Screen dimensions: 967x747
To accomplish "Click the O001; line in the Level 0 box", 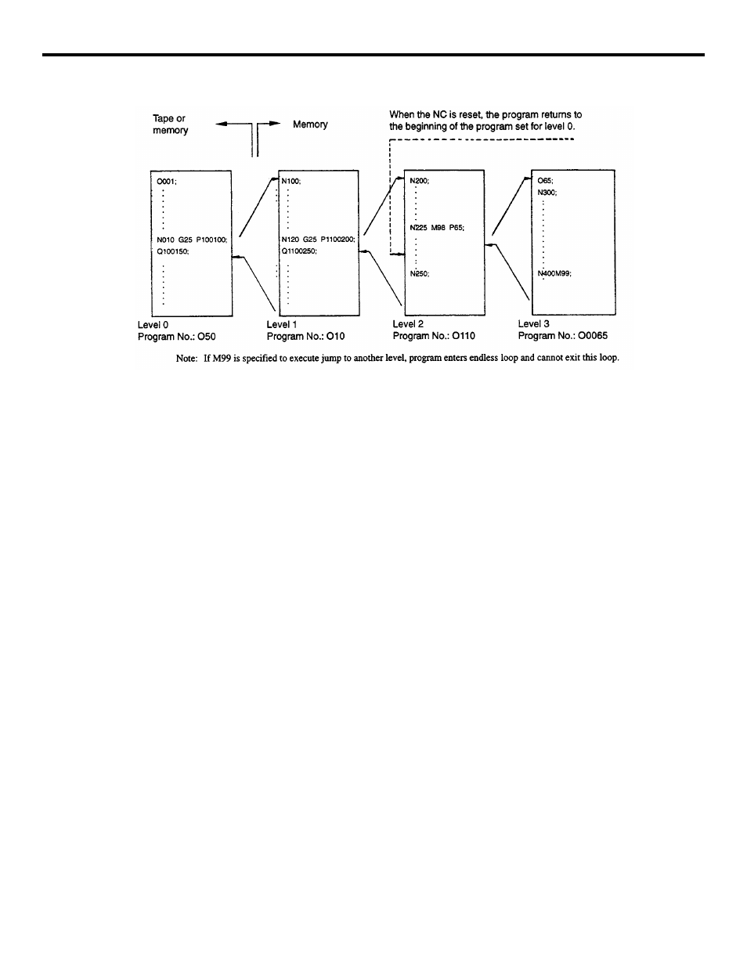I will (x=167, y=182).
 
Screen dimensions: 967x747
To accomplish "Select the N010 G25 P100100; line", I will (x=192, y=240).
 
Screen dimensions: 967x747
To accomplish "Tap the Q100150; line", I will (x=173, y=251).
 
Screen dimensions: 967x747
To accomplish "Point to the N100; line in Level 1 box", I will (x=290, y=181).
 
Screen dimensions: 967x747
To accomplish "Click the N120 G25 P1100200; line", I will (x=318, y=240).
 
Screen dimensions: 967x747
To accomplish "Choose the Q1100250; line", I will (x=301, y=251).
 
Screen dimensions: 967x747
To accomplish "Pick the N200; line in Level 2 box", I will (x=420, y=181).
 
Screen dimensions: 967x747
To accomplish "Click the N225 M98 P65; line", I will (x=437, y=228).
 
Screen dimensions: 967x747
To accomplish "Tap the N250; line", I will (x=420, y=274).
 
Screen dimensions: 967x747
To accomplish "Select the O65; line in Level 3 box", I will (x=545, y=181).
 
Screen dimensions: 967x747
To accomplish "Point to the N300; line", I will (x=547, y=193).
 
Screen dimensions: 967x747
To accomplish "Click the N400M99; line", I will (x=554, y=274).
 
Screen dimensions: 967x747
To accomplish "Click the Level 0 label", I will (x=153, y=324).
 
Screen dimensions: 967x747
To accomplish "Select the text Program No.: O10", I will (x=306, y=337).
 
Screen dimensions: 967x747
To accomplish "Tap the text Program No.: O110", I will (x=434, y=336).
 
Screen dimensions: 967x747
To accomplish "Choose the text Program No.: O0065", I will (x=562, y=336).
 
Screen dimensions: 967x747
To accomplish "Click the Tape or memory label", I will (x=170, y=124).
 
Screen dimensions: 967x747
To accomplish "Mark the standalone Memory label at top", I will (x=310, y=124).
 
